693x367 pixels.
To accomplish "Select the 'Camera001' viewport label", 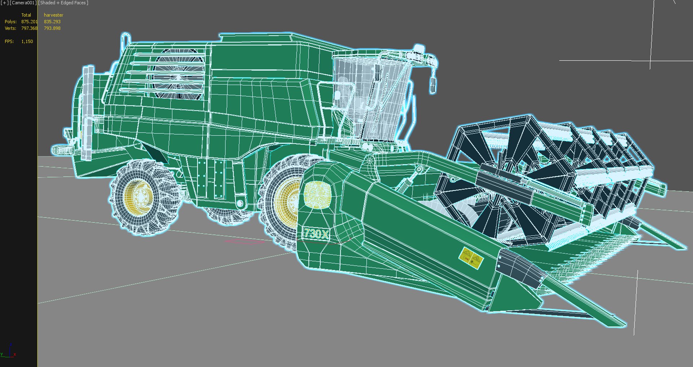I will [23, 3].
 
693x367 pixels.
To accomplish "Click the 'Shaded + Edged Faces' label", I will [63, 3].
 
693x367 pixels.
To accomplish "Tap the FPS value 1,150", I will [27, 41].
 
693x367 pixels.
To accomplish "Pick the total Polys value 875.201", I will [29, 22].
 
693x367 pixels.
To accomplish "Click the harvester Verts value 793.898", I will [52, 28].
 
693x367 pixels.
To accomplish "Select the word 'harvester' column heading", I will [53, 15].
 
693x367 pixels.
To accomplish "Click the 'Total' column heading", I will [26, 15].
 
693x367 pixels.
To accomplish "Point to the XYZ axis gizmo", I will [9, 352].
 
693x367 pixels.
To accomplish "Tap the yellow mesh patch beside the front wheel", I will [317, 195].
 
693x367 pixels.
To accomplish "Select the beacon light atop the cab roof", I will [419, 48].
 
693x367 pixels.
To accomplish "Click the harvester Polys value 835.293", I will [52, 22].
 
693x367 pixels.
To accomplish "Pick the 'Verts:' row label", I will [10, 28].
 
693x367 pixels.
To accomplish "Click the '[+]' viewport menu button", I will [4, 3].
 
